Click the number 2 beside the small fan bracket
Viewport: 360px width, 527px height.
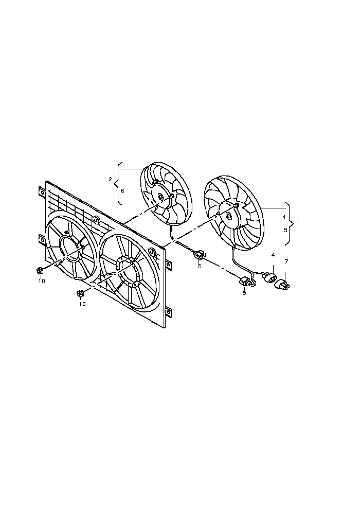tap(110, 179)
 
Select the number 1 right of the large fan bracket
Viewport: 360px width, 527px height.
tap(298, 219)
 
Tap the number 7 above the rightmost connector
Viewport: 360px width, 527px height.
tap(286, 261)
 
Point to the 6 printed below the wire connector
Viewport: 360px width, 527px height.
tap(200, 266)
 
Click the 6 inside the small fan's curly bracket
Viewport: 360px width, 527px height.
tap(122, 191)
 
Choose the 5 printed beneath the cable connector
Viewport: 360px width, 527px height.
tap(244, 293)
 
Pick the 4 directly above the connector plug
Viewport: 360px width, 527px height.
tap(273, 255)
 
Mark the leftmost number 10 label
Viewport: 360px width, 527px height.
tap(42, 281)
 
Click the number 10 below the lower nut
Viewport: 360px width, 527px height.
tap(82, 304)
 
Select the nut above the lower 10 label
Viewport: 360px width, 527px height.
tap(80, 293)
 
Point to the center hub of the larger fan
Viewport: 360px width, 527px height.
tap(229, 215)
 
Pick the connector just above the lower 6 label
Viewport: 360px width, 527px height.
tap(199, 256)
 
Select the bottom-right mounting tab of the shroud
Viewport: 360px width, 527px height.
tap(169, 311)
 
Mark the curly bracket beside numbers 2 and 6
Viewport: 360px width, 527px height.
tap(118, 184)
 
